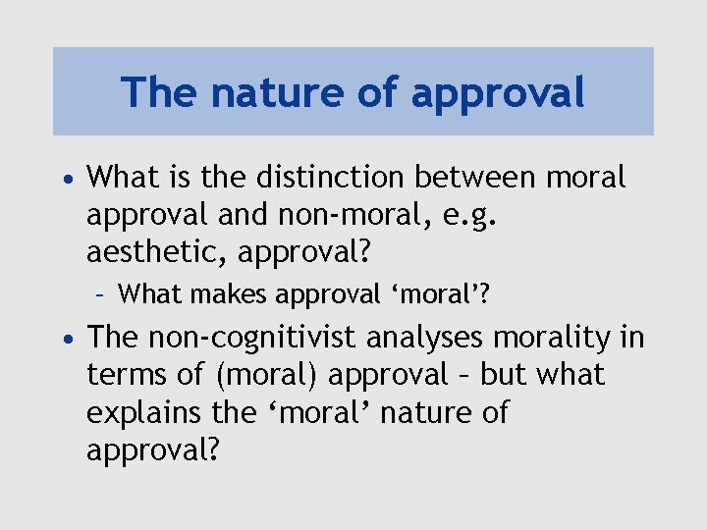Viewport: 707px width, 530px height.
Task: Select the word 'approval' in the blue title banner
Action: pyautogui.click(x=498, y=93)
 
